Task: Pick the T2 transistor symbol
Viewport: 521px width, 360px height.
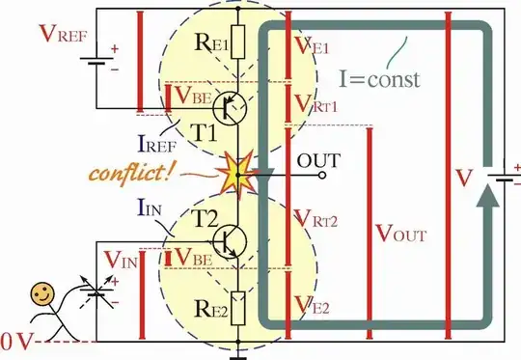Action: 231,238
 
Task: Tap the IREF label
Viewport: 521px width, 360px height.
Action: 159,145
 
